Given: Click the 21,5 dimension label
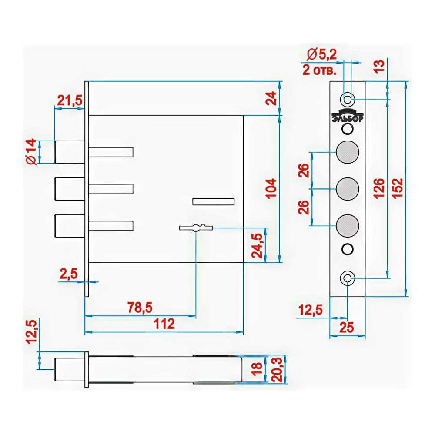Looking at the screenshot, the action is (x=70, y=100).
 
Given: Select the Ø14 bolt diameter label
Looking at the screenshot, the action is (x=31, y=152).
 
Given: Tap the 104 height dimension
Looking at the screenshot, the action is (x=271, y=189).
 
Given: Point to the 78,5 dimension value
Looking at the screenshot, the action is (x=140, y=308).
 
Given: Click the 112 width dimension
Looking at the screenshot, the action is (x=164, y=324).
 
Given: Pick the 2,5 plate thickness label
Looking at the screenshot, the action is (x=69, y=274).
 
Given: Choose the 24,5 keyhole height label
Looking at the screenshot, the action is (x=257, y=245).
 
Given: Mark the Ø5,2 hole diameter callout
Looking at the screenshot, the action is (x=321, y=54).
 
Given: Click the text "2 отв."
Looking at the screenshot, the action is (x=319, y=70).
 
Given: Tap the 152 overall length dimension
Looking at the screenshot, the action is (x=397, y=189).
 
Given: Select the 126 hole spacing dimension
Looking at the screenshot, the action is (x=379, y=189).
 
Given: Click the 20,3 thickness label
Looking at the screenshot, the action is (x=277, y=369).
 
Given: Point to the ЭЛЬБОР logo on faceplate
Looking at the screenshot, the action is (x=347, y=116).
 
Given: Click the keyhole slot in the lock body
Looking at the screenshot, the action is (x=196, y=228).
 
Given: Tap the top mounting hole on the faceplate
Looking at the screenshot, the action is (x=347, y=99).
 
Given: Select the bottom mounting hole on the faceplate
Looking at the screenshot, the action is (x=347, y=278).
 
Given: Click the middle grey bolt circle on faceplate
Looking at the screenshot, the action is (x=347, y=189).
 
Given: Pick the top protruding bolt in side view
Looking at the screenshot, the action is (x=69, y=152).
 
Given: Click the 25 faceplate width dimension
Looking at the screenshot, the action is (x=347, y=328).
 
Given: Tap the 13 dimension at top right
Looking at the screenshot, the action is (x=379, y=66).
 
